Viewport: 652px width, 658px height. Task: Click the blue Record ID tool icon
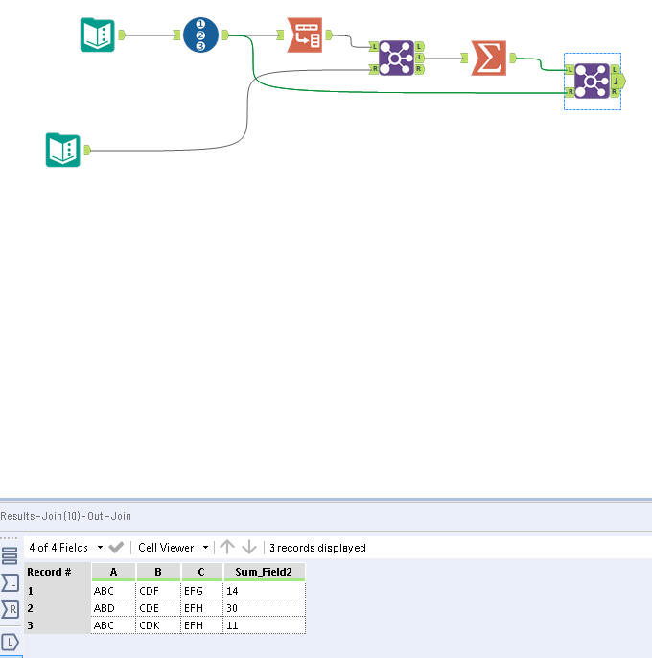[200, 35]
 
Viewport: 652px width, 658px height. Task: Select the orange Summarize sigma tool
[488, 58]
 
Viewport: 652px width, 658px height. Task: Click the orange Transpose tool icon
[305, 35]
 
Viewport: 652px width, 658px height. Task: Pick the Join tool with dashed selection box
[592, 81]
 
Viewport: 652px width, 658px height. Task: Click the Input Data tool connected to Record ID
[98, 35]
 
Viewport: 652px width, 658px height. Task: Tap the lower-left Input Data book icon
[63, 150]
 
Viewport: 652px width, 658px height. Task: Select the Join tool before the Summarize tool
[396, 58]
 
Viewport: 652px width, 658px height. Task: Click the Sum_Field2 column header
[265, 572]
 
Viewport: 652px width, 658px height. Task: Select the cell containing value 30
[265, 608]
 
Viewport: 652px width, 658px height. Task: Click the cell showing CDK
[158, 625]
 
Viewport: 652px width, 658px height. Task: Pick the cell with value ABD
[113, 608]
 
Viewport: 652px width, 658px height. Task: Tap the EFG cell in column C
[201, 591]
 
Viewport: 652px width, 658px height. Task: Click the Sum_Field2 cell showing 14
[265, 591]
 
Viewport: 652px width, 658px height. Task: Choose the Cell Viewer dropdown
[173, 548]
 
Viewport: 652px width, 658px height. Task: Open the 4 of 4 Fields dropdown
[66, 548]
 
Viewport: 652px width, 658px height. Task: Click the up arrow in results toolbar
[227, 547]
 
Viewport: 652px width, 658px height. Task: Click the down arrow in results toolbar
[249, 547]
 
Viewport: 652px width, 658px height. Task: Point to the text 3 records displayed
[317, 548]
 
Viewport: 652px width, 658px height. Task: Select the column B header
[158, 572]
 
